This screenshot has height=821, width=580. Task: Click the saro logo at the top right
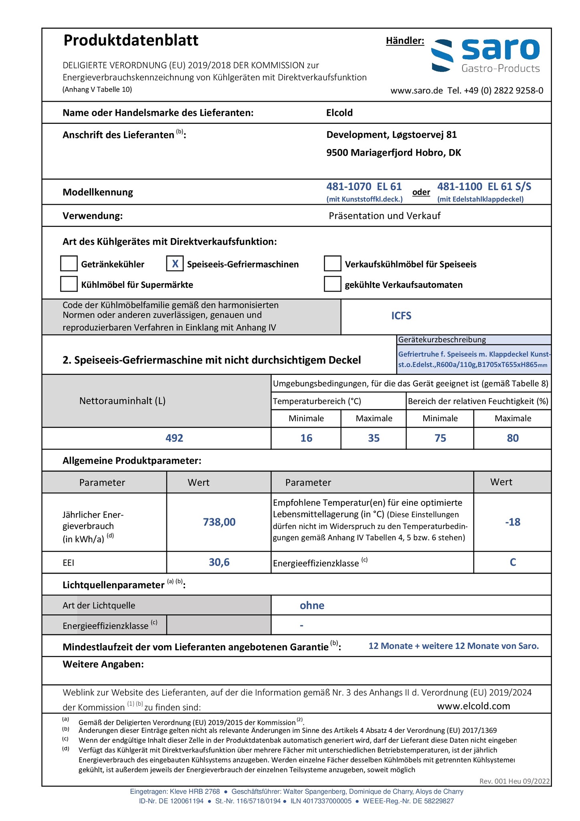[485, 56]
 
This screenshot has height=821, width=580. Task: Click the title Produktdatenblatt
[131, 40]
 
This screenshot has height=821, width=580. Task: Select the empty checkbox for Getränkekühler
[69, 264]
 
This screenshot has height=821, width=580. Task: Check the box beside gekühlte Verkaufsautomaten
[332, 284]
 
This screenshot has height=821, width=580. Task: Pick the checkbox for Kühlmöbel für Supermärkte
[69, 284]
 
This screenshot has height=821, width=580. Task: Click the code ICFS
[401, 316]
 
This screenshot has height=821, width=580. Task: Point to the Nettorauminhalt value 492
[174, 438]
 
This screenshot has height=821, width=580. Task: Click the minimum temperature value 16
[306, 438]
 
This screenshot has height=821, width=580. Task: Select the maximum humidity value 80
[513, 438]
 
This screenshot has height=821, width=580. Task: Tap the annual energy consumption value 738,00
[219, 522]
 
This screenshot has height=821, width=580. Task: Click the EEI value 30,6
[219, 562]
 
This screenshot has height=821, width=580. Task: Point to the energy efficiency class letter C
[513, 562]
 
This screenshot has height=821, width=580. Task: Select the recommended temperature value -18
[513, 522]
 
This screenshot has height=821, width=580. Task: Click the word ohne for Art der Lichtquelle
[312, 605]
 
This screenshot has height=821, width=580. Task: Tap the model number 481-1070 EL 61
[364, 186]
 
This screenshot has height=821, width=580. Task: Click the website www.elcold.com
[473, 706]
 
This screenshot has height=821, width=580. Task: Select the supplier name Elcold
[340, 113]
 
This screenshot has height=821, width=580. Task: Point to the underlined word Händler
[405, 40]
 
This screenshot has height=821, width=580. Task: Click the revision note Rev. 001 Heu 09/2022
[514, 781]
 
